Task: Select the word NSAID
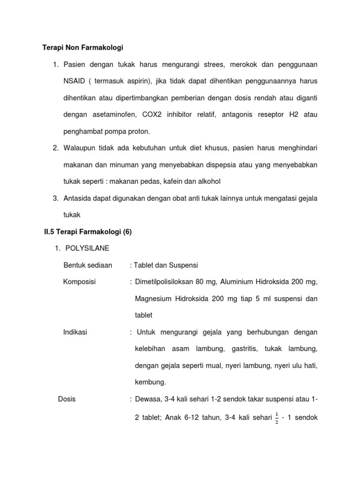click(74, 81)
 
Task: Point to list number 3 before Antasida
click(55, 198)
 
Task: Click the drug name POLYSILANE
click(86, 248)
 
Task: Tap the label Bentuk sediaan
click(88, 265)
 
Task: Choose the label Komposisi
click(79, 282)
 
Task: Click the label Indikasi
click(75, 332)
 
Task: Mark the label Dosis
click(67, 399)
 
